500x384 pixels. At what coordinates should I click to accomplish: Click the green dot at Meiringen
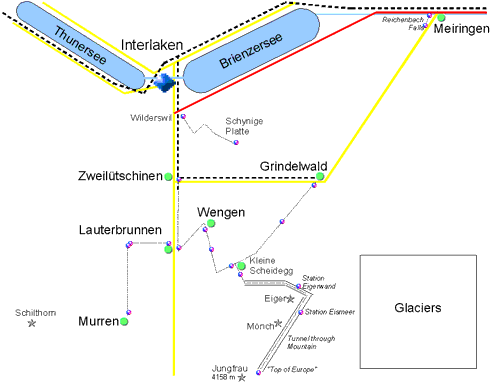pos(441,17)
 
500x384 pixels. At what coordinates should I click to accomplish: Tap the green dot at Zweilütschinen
pos(168,177)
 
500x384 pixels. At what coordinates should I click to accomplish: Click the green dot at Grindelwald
pos(320,177)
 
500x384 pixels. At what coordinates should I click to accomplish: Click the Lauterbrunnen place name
pos(120,231)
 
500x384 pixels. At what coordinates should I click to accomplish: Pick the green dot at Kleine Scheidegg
pos(241,265)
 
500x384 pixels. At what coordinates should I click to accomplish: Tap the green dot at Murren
pos(124,322)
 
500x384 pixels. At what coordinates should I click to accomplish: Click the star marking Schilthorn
pos(32,323)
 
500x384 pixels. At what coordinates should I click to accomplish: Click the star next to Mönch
pos(278,323)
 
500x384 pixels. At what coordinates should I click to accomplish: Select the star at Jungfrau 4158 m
pos(241,377)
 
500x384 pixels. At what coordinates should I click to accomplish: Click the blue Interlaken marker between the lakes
pos(165,81)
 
